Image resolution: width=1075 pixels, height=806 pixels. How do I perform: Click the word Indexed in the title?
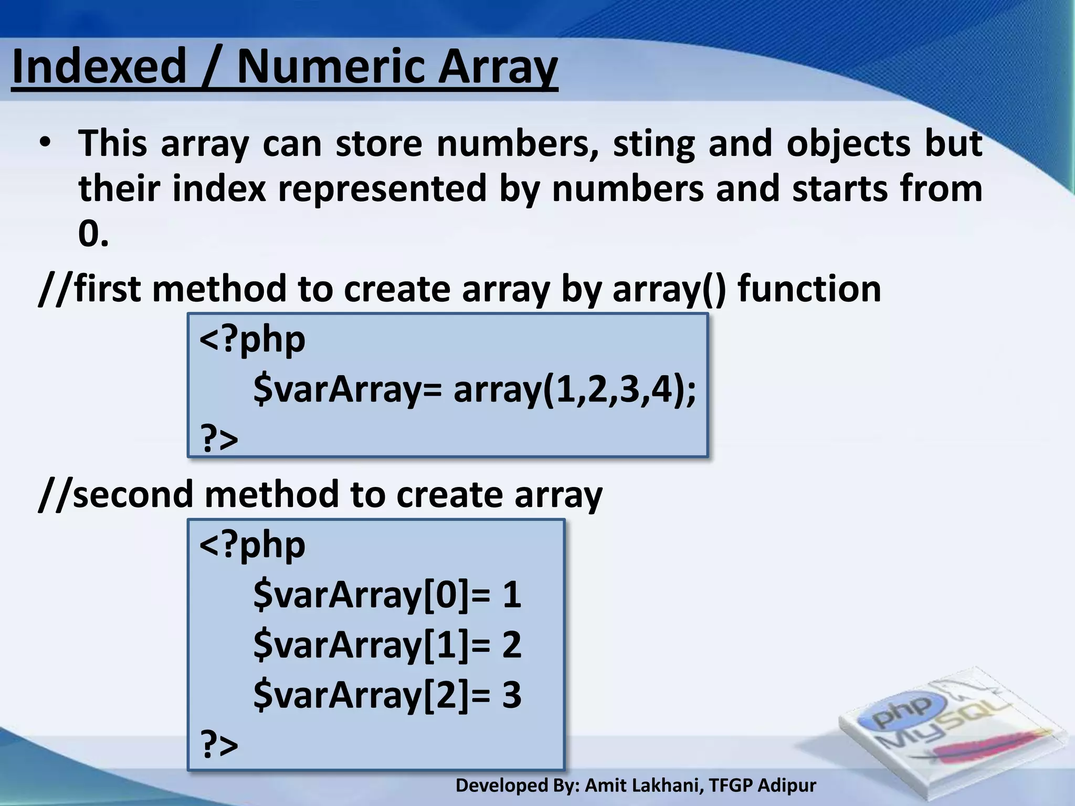[99, 67]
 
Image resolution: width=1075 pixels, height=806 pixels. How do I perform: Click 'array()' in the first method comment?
[669, 289]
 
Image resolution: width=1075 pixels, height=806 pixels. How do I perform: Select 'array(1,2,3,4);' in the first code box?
[575, 390]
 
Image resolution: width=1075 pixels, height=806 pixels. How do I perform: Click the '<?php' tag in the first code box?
[252, 340]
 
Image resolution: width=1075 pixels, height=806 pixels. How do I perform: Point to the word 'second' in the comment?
[133, 494]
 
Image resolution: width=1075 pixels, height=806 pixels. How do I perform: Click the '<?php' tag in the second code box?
[252, 545]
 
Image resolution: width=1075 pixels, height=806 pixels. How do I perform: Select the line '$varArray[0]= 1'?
[387, 595]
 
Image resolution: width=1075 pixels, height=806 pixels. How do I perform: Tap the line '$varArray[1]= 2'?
[387, 644]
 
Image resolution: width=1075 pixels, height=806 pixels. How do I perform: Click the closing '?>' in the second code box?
[220, 744]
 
